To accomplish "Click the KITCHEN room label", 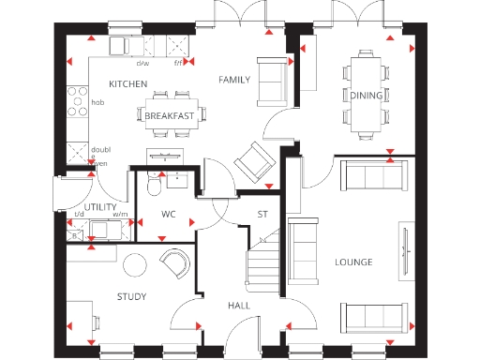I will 127,84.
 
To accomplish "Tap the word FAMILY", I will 234,80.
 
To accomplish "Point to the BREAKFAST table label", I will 170,115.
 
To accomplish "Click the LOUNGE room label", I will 353,262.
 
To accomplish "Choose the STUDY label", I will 131,297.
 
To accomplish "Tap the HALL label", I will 238,306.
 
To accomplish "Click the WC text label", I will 169,215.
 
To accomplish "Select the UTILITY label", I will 100,206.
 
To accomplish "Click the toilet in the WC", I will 155,189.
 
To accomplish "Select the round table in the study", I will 137,264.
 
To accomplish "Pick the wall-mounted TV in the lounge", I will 405,251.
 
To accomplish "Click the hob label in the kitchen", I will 97,102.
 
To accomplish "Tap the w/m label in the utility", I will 120,215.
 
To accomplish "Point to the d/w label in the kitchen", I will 142,64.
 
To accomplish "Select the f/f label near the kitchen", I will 178,64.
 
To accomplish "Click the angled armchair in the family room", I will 253,161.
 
